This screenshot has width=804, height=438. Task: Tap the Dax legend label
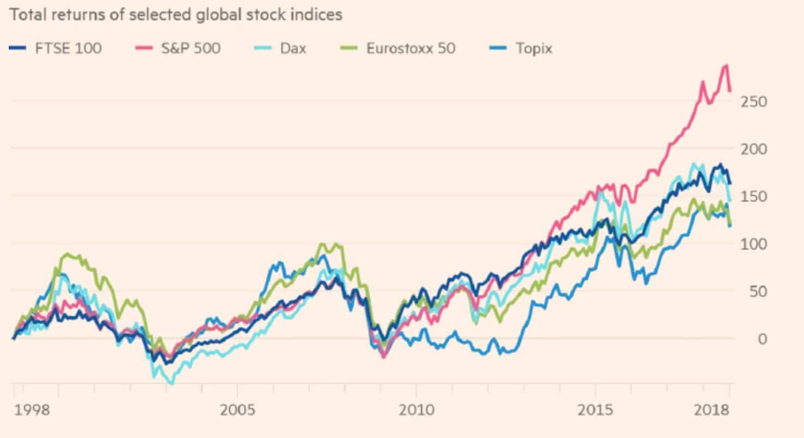293,48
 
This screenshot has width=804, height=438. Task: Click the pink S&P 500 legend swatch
142,49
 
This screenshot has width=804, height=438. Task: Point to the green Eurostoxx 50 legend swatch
351,49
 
